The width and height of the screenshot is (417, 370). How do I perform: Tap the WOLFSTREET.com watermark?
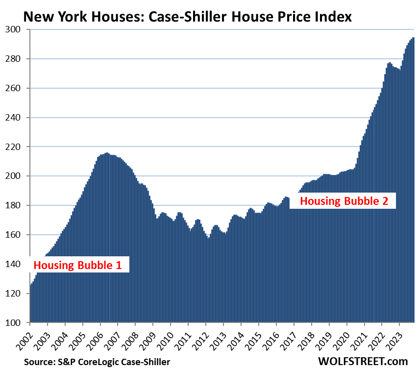pos(362,361)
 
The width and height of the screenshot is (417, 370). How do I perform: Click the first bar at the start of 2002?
pos(31,304)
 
